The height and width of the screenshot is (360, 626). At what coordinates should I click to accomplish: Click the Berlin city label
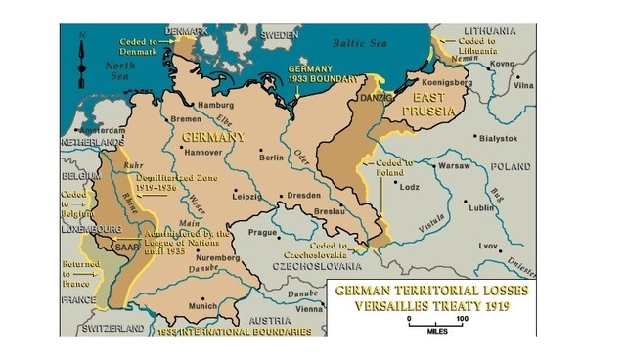click(x=271, y=157)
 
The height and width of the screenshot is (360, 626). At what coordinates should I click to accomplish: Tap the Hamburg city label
click(x=215, y=105)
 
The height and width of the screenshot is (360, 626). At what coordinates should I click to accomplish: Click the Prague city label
click(x=263, y=232)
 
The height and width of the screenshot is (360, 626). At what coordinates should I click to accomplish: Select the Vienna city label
click(x=309, y=307)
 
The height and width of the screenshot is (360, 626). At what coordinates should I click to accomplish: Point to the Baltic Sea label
click(x=361, y=43)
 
